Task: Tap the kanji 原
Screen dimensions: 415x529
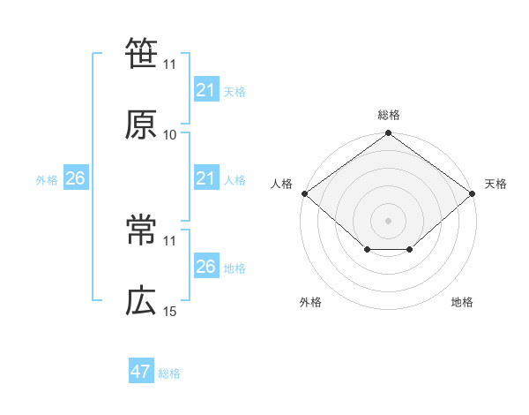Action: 141,124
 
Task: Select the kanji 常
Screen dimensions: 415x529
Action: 141,230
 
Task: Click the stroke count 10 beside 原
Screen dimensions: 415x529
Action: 170,135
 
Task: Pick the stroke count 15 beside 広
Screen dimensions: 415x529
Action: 170,312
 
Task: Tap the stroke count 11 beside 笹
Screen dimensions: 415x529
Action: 170,64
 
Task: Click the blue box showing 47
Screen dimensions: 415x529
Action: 141,372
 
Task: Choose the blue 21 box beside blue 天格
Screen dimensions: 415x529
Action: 205,89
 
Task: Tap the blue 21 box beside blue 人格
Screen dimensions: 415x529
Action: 205,178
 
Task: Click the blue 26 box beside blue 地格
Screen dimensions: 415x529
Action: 205,266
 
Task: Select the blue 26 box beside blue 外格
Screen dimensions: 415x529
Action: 75,178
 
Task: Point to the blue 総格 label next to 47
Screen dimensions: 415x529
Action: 169,373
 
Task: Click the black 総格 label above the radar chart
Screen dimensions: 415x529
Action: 389,115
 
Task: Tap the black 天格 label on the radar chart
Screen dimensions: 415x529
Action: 495,184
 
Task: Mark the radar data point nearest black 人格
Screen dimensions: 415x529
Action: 304,193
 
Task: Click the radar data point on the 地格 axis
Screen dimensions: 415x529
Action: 410,250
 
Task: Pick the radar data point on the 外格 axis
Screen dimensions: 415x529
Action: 367,250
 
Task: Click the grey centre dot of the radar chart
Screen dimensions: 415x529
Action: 388,220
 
